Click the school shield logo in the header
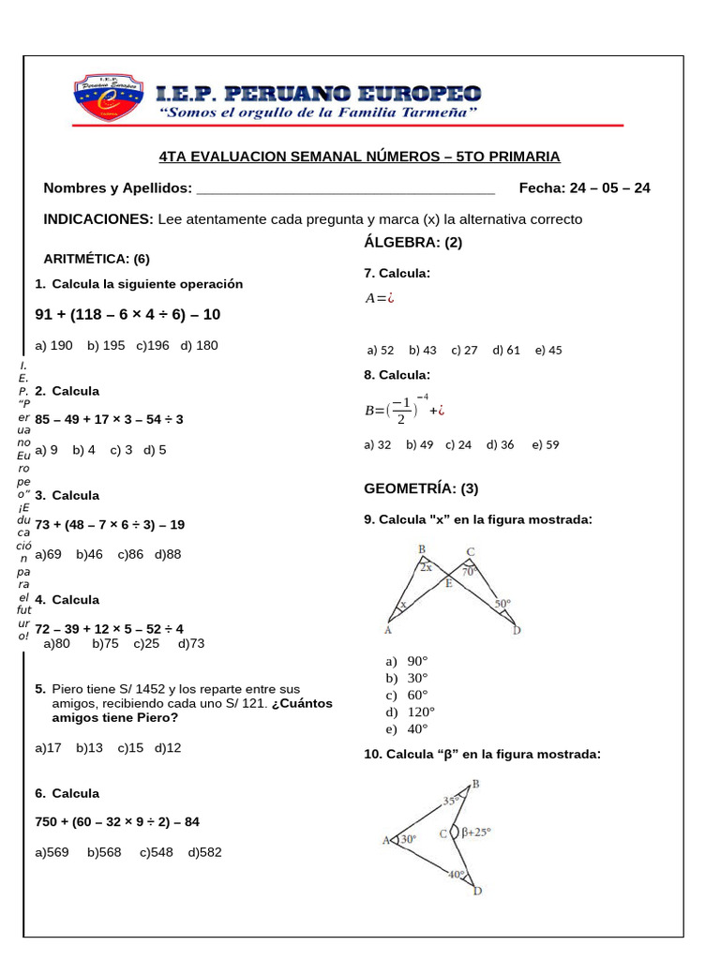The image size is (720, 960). coord(107,96)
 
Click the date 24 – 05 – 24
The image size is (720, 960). coord(608,187)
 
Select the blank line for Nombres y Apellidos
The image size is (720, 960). coord(347,189)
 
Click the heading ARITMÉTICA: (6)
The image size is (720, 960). coord(97,259)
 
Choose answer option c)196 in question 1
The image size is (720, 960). coord(153,345)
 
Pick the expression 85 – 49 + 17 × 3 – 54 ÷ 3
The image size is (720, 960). coord(110,419)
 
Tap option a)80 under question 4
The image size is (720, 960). coord(57,643)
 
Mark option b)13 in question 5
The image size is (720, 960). coord(89,747)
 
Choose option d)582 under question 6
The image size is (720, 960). coord(205,852)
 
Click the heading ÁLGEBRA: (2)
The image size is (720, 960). coord(412,243)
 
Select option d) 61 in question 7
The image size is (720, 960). coord(505,350)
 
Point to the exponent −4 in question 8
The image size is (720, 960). coord(423,397)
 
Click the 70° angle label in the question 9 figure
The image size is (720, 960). coord(470,569)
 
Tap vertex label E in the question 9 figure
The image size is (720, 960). coord(448,583)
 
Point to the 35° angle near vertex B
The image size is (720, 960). coord(451,801)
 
